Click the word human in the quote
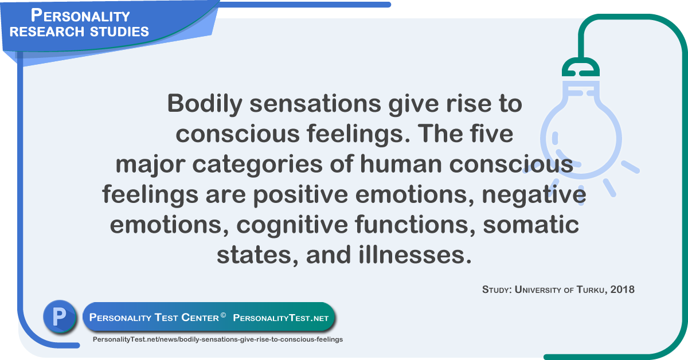click(400, 164)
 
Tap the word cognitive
click(294, 225)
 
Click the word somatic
click(531, 225)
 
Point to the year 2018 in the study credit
click(623, 289)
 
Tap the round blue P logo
click(60, 317)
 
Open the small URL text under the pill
click(217, 339)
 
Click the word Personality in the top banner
click(80, 15)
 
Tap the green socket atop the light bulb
click(580, 69)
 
